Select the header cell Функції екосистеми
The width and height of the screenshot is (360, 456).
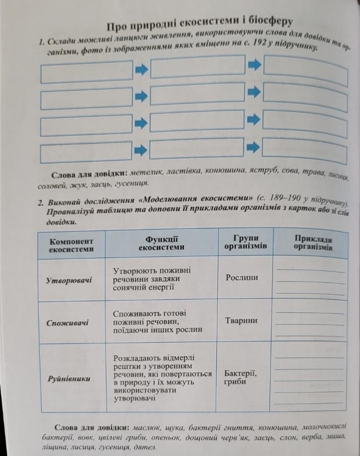(161, 243)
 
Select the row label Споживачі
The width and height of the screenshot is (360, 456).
(67, 323)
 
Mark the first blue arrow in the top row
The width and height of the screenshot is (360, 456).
(142, 71)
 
